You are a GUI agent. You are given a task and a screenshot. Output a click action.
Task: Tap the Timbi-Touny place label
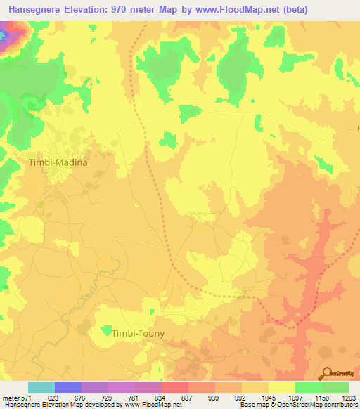(138, 335)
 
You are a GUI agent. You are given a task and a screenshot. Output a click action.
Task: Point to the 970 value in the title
(125, 9)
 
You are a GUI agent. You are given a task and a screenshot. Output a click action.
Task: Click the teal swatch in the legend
(41, 387)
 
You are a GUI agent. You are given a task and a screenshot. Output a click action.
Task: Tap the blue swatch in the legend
(67, 387)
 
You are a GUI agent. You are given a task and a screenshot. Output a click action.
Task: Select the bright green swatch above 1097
(308, 387)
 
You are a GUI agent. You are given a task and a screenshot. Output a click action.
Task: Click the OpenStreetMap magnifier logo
(326, 372)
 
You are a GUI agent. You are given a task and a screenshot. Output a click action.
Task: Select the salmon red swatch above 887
(174, 387)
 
